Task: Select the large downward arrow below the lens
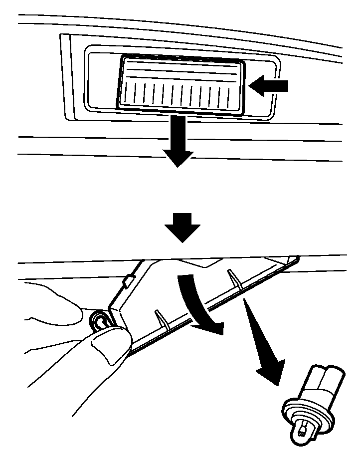pyautogui.click(x=178, y=142)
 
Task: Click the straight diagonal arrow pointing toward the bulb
pyautogui.click(x=262, y=345)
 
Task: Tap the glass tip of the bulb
pyautogui.click(x=302, y=430)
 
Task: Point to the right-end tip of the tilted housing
pyautogui.click(x=297, y=258)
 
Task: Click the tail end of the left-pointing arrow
pyautogui.click(x=287, y=86)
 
